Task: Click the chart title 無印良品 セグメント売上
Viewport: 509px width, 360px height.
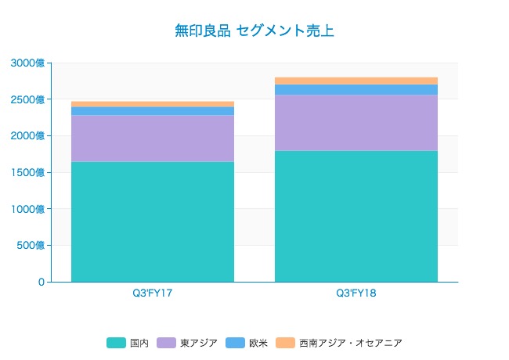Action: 254,31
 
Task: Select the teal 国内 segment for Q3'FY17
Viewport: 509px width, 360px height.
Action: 153,221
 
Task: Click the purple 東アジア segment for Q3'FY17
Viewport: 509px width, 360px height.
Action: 153,139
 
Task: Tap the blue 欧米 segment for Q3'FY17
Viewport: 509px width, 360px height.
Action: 153,111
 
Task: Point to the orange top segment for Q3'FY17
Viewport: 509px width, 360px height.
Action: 153,104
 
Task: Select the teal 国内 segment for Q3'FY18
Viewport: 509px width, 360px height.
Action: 356,216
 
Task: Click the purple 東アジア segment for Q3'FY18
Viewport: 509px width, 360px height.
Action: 356,123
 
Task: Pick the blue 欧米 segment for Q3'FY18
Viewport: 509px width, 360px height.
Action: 356,89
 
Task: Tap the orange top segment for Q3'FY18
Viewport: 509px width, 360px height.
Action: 356,81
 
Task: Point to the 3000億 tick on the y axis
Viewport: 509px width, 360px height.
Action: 28,63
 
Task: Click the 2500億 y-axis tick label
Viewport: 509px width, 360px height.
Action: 28,99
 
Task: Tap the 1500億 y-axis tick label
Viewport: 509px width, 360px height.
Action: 28,172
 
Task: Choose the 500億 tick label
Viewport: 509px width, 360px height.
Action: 31,246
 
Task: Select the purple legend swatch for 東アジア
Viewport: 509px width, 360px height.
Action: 166,343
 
